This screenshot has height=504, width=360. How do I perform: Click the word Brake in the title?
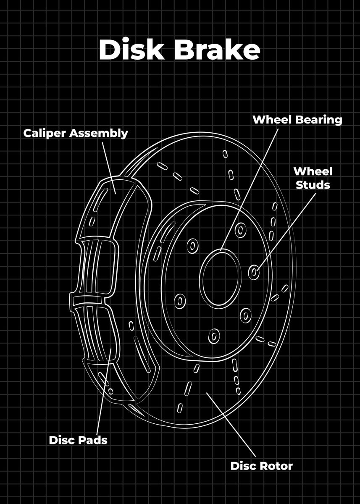pyautogui.click(x=217, y=50)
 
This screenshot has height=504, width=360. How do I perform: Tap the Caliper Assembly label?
pyautogui.click(x=76, y=133)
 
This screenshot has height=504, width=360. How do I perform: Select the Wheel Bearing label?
pyautogui.click(x=297, y=120)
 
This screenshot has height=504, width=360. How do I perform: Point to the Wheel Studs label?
pyautogui.click(x=313, y=178)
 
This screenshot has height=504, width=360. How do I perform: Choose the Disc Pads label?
pyautogui.click(x=78, y=440)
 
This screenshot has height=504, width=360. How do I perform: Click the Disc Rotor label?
pyautogui.click(x=261, y=466)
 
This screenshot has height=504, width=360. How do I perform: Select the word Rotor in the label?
pyautogui.click(x=276, y=466)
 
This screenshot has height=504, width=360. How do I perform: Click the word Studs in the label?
pyautogui.click(x=313, y=185)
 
